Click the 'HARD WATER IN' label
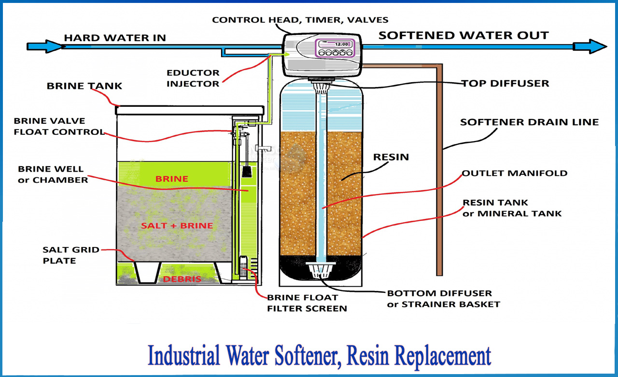(x=115, y=37)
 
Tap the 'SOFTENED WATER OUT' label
(x=463, y=36)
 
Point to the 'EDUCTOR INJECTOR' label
(x=193, y=78)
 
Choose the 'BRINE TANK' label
(x=84, y=87)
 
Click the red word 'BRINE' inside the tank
(x=171, y=179)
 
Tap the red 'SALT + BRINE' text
(x=177, y=226)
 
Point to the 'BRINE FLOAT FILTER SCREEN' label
(x=307, y=303)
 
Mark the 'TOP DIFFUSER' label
(x=505, y=83)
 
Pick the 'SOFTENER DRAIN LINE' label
(x=529, y=122)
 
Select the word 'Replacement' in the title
(x=443, y=357)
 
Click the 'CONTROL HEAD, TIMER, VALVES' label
(x=300, y=20)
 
